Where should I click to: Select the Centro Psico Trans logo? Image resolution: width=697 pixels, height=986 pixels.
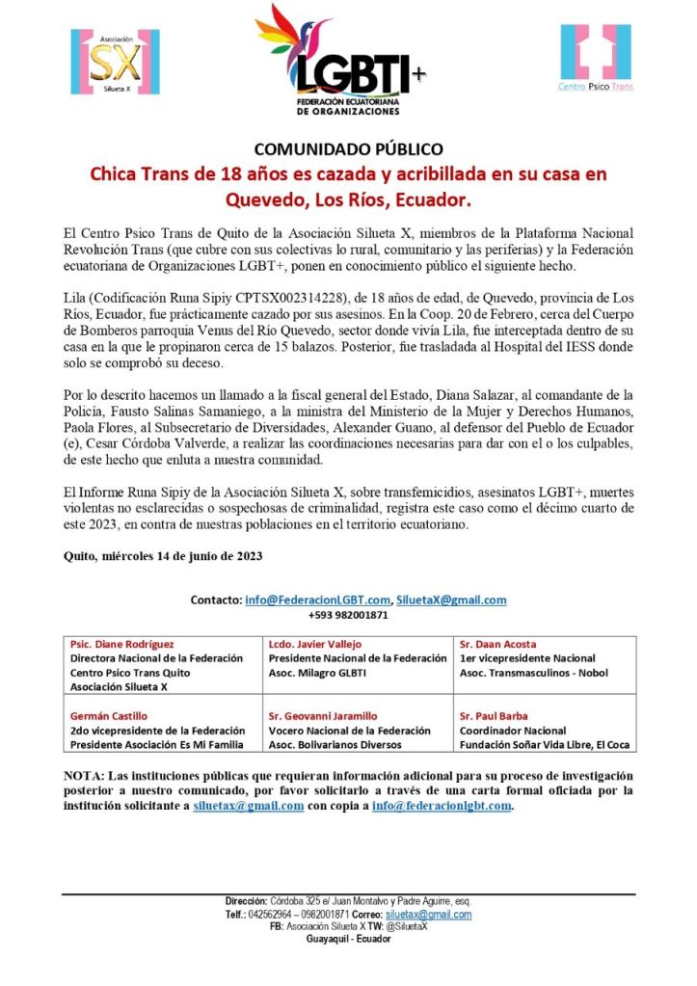click(x=595, y=58)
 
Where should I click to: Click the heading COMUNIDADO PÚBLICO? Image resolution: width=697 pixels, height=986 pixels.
click(x=348, y=149)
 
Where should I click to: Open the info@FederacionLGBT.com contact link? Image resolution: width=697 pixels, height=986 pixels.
click(x=317, y=600)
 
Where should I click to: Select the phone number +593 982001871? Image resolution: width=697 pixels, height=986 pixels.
click(x=348, y=615)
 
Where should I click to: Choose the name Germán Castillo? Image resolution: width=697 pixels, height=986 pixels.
click(x=109, y=716)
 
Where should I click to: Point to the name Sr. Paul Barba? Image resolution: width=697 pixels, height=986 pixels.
click(x=495, y=716)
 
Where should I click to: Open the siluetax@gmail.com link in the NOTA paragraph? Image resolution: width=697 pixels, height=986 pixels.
click(x=249, y=806)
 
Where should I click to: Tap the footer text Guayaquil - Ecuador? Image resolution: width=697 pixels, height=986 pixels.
click(x=348, y=939)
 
